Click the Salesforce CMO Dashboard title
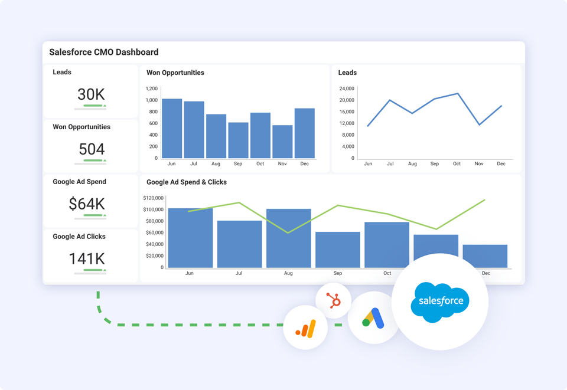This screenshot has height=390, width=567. pyautogui.click(x=103, y=52)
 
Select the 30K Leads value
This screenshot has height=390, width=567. pyautogui.click(x=91, y=94)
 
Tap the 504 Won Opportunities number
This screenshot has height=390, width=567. pyautogui.click(x=91, y=149)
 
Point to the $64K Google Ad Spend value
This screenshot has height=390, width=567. pyautogui.click(x=87, y=204)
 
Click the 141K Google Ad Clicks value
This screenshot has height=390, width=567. pyautogui.click(x=87, y=258)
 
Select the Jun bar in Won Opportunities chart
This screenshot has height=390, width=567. pyautogui.click(x=172, y=129)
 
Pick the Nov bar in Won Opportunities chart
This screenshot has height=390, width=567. pyautogui.click(x=282, y=142)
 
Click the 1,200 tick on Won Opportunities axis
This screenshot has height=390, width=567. pyautogui.click(x=152, y=89)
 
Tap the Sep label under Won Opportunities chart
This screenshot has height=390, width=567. pyautogui.click(x=238, y=164)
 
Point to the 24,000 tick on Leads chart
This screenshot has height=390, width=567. pyautogui.click(x=346, y=89)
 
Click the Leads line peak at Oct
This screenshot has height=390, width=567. pyautogui.click(x=457, y=93)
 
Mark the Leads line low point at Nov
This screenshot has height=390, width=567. pyautogui.click(x=479, y=124)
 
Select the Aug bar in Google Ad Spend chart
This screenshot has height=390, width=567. pyautogui.click(x=288, y=238)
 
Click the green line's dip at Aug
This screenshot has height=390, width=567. pyautogui.click(x=288, y=232)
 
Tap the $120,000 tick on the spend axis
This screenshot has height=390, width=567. pyautogui.click(x=153, y=198)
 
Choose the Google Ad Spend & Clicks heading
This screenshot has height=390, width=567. pyautogui.click(x=187, y=182)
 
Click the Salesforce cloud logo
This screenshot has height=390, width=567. pyautogui.click(x=440, y=301)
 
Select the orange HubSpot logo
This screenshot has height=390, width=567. pyautogui.click(x=334, y=301)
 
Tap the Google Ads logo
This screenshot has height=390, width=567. pyautogui.click(x=373, y=319)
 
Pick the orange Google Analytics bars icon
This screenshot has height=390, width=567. pyautogui.click(x=306, y=328)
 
